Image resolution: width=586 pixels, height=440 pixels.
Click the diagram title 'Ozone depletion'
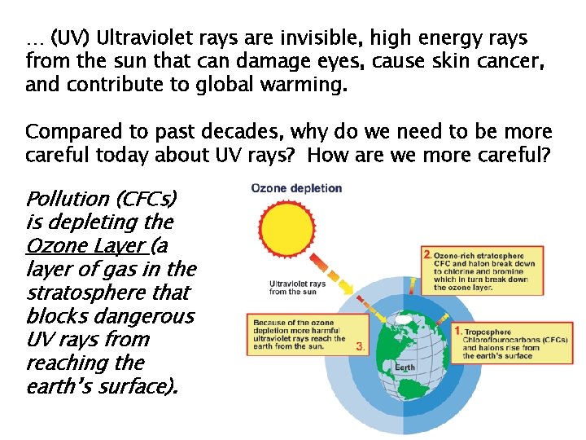click(297, 188)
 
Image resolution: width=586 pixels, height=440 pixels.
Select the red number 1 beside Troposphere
click(458, 331)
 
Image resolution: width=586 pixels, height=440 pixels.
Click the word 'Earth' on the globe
click(405, 367)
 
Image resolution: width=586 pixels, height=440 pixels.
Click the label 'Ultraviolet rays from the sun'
click(297, 288)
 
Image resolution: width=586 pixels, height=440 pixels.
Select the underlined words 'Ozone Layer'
click(84, 245)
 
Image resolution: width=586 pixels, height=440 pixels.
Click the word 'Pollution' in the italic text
click(68, 198)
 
